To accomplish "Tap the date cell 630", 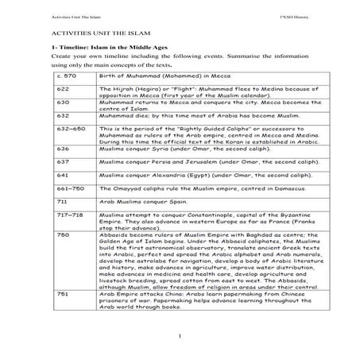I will [x=63, y=124].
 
